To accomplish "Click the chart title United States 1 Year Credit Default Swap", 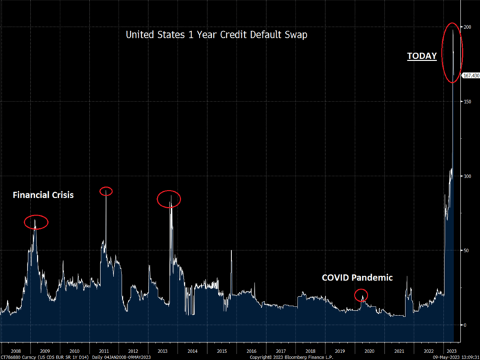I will tap(217, 34).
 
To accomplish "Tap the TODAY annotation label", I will tap(422, 56).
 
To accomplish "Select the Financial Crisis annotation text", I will tap(43, 195).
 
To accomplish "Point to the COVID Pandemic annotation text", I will tap(357, 278).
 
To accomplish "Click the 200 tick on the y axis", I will tap(466, 27).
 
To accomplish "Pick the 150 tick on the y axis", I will tap(466, 101).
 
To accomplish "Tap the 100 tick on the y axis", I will tap(466, 176).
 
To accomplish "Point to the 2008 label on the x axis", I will tap(15, 349).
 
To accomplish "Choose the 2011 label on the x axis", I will tap(104, 349).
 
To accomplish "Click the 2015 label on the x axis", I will tap(222, 349).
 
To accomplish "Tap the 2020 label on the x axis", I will tap(370, 349).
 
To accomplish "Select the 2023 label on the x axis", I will tap(451, 349).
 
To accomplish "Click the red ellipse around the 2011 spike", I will tap(106, 191).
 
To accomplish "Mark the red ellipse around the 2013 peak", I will tap(169, 200).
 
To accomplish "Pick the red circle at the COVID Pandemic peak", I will tap(361, 295).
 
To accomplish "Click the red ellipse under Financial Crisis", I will tap(36, 222).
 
